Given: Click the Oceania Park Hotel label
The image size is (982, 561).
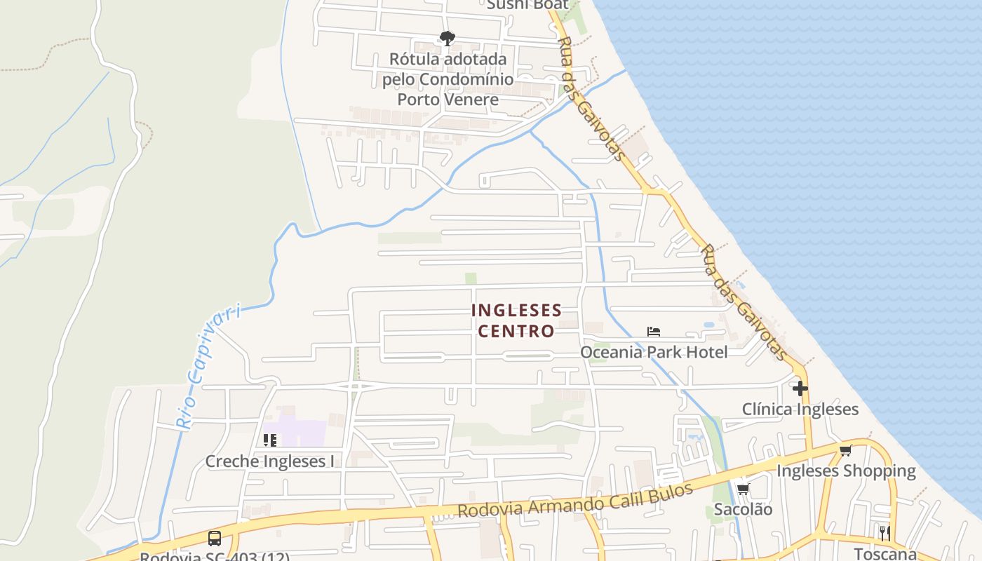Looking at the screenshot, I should (x=653, y=352).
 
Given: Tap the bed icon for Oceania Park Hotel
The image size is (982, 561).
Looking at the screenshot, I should (x=654, y=332).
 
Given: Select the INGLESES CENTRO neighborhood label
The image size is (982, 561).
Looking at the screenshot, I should (x=516, y=320).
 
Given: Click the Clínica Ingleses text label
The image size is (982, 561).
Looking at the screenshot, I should (x=800, y=410).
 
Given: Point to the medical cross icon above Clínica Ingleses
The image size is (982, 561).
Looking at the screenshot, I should (x=800, y=388).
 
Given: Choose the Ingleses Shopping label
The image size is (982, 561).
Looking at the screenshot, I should (x=846, y=471).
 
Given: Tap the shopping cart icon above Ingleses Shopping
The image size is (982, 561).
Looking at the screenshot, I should (x=845, y=450).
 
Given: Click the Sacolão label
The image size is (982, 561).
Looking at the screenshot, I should (x=743, y=510).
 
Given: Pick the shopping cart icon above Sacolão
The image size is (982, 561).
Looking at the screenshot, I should (x=743, y=489).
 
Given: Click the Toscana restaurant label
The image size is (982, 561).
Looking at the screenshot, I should (x=885, y=553).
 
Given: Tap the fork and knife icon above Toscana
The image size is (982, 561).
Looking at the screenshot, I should (x=885, y=532).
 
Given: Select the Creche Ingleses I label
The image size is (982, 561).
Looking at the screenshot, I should (x=269, y=461).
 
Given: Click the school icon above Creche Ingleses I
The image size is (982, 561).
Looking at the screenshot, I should (x=270, y=440).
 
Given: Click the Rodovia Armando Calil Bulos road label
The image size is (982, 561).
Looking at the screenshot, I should (x=575, y=500).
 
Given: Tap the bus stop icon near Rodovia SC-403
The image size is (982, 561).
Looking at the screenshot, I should (x=215, y=539).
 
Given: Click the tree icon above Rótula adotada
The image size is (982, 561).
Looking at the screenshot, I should (x=447, y=39).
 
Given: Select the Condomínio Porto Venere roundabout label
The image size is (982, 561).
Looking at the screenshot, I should (x=448, y=79).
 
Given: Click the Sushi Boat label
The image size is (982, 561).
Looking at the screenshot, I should (x=518, y=5).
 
